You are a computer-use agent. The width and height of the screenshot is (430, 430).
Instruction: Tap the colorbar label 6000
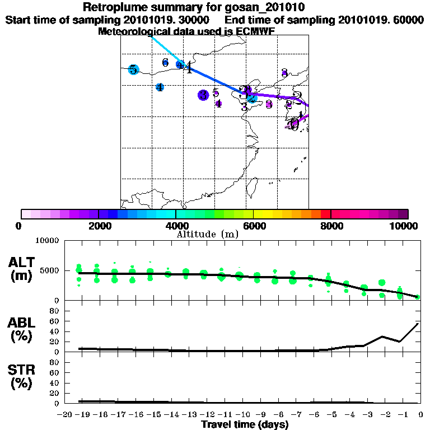254,226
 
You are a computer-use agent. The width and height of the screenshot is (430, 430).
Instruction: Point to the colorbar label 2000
99,226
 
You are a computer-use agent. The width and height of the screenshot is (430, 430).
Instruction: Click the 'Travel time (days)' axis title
245,424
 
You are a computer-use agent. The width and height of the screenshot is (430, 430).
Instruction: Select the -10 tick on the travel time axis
239,415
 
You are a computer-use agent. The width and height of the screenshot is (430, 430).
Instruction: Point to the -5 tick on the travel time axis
328,415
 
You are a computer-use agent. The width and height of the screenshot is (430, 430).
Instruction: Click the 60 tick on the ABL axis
55,321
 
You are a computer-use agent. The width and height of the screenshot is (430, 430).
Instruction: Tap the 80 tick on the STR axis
55,362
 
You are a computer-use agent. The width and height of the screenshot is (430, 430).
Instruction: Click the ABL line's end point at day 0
418,323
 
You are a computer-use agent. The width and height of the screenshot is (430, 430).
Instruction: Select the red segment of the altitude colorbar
325,214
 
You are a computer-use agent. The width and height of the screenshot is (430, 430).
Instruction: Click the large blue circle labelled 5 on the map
133,69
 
